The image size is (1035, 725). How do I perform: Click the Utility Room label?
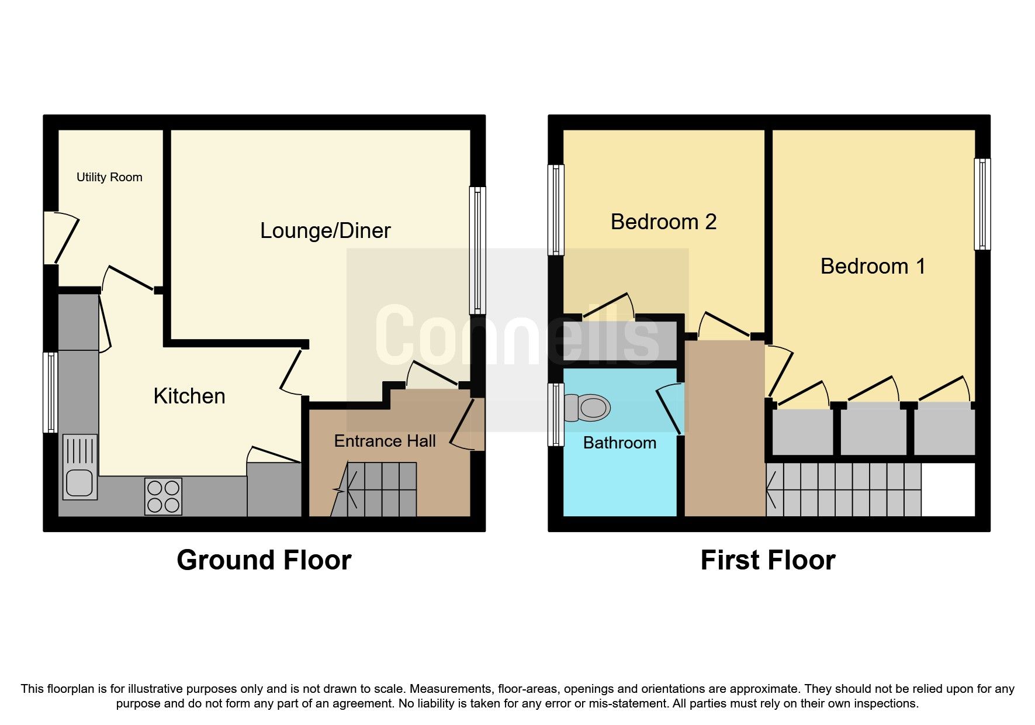109,177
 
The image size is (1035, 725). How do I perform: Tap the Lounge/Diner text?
325,230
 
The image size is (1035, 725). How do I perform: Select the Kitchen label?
189,396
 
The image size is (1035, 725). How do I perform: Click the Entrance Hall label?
385,441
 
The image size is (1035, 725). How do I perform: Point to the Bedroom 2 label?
663,222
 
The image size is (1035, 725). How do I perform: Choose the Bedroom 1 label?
873,266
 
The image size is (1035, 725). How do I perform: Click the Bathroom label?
619,443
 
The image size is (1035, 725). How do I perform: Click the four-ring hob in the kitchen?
164,496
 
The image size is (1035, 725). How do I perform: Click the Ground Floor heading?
264,560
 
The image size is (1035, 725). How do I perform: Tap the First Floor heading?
767,560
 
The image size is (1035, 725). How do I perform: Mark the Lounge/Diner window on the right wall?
477,250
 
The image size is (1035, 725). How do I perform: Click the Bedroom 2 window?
556,210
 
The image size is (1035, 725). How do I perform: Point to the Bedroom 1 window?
982,204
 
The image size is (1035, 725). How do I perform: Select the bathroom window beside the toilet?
556,415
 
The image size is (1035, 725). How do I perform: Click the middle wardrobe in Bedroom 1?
873,431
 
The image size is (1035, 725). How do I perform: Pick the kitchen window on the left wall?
51,392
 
